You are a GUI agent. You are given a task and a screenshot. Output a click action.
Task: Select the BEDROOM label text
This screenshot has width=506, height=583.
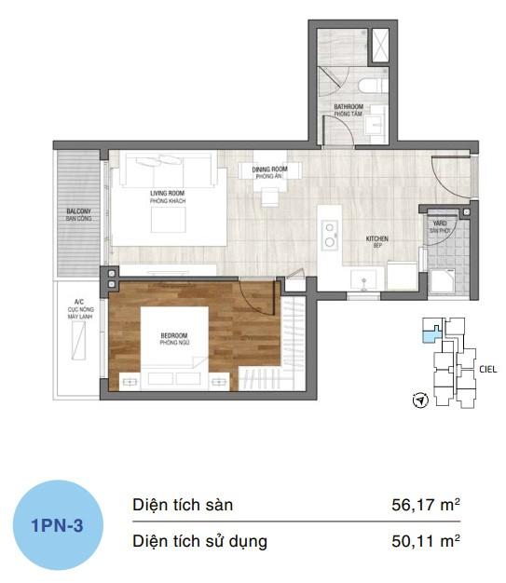173,338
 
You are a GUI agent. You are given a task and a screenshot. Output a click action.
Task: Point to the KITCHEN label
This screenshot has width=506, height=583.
377,241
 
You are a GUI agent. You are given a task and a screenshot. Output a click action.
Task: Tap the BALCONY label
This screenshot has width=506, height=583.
78,215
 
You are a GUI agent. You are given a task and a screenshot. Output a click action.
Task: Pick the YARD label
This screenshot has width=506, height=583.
438,225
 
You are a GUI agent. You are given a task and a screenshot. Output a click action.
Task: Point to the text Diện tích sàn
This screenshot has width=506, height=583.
183,506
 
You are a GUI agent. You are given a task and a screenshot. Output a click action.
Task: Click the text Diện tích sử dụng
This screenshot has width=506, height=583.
199,540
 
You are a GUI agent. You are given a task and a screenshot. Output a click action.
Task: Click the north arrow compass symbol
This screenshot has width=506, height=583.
419,401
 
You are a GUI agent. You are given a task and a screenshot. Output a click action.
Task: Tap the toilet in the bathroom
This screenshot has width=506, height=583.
373,86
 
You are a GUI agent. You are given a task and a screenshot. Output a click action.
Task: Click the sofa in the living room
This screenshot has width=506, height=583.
169,170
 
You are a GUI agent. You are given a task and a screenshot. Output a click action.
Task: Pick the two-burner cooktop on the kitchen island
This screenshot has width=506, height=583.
328,236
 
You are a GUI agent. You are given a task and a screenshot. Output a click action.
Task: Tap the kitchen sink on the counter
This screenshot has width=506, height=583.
362,277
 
